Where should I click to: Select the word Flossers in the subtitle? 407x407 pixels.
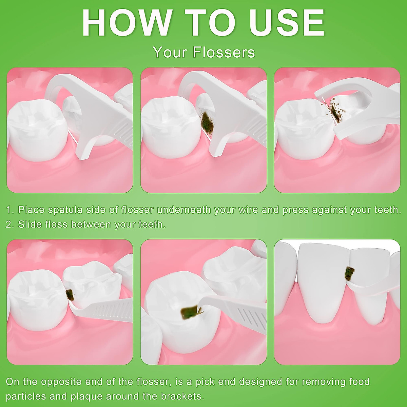224,53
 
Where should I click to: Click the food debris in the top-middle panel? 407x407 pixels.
206,121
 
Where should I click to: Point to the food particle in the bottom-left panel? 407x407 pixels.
70,295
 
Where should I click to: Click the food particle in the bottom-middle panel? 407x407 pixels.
189,313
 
